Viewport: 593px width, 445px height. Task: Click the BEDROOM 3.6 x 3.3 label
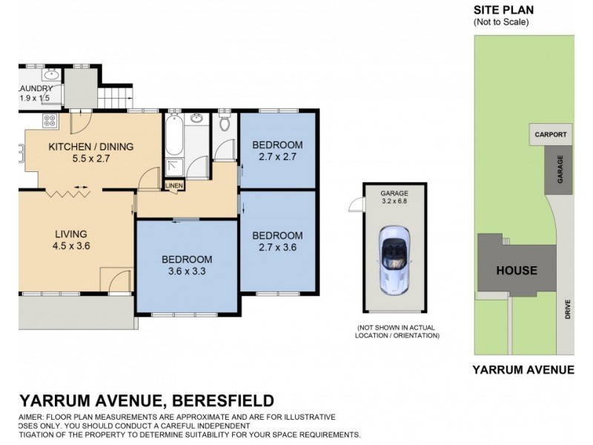point(187,266)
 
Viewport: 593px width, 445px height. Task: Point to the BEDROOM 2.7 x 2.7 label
point(277,150)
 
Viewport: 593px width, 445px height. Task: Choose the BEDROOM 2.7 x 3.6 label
point(277,242)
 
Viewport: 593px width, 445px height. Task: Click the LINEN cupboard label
point(173,185)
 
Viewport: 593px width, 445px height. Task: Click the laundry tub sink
point(51,75)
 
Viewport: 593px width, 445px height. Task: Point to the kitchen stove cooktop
point(50,120)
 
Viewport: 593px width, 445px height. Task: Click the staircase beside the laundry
point(113,96)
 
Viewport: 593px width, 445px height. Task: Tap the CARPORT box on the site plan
point(551,135)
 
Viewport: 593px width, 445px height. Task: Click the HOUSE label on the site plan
point(517,270)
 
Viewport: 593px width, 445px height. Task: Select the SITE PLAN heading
point(503,10)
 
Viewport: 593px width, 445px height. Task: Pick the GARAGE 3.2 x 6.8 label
point(395,195)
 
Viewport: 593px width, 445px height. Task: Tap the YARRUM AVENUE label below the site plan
point(523,369)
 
